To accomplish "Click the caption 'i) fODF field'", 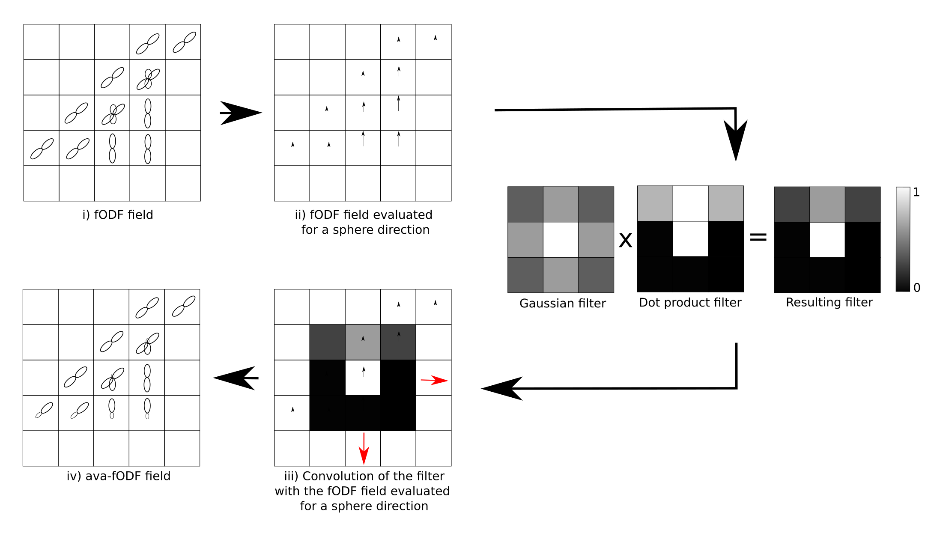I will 118,214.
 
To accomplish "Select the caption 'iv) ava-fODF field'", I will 119,476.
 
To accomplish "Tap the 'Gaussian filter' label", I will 562,303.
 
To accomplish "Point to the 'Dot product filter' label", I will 690,302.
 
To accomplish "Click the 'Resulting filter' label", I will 829,302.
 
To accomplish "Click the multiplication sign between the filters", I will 625,240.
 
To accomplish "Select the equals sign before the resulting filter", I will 758,237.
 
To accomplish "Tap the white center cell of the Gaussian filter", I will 561,240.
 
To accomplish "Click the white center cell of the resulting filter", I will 827,240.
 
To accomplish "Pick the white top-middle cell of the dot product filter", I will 690,203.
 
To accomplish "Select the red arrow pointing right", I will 434,380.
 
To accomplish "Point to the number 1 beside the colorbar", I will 916,192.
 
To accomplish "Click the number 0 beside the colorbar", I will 916,288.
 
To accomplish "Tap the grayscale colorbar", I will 903,239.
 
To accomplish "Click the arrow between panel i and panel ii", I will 240,113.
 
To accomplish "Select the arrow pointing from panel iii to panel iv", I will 236,378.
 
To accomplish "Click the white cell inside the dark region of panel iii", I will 363,378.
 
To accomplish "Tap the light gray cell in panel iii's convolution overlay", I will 363,342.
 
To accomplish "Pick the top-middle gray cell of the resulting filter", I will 827,204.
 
